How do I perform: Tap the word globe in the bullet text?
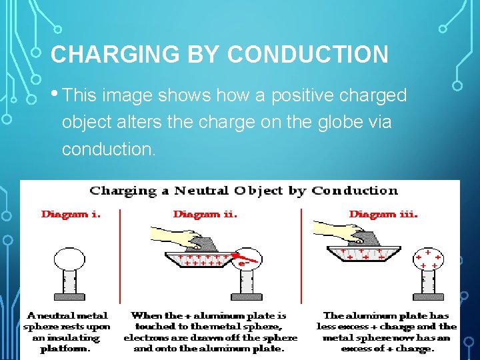pyautogui.click(x=343, y=123)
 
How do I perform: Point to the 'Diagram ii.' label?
pyautogui.click(x=205, y=214)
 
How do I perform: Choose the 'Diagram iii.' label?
pyautogui.click(x=383, y=214)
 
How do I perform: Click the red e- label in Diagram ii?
pyautogui.click(x=243, y=264)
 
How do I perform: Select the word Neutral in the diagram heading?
pyautogui.click(x=199, y=191)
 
